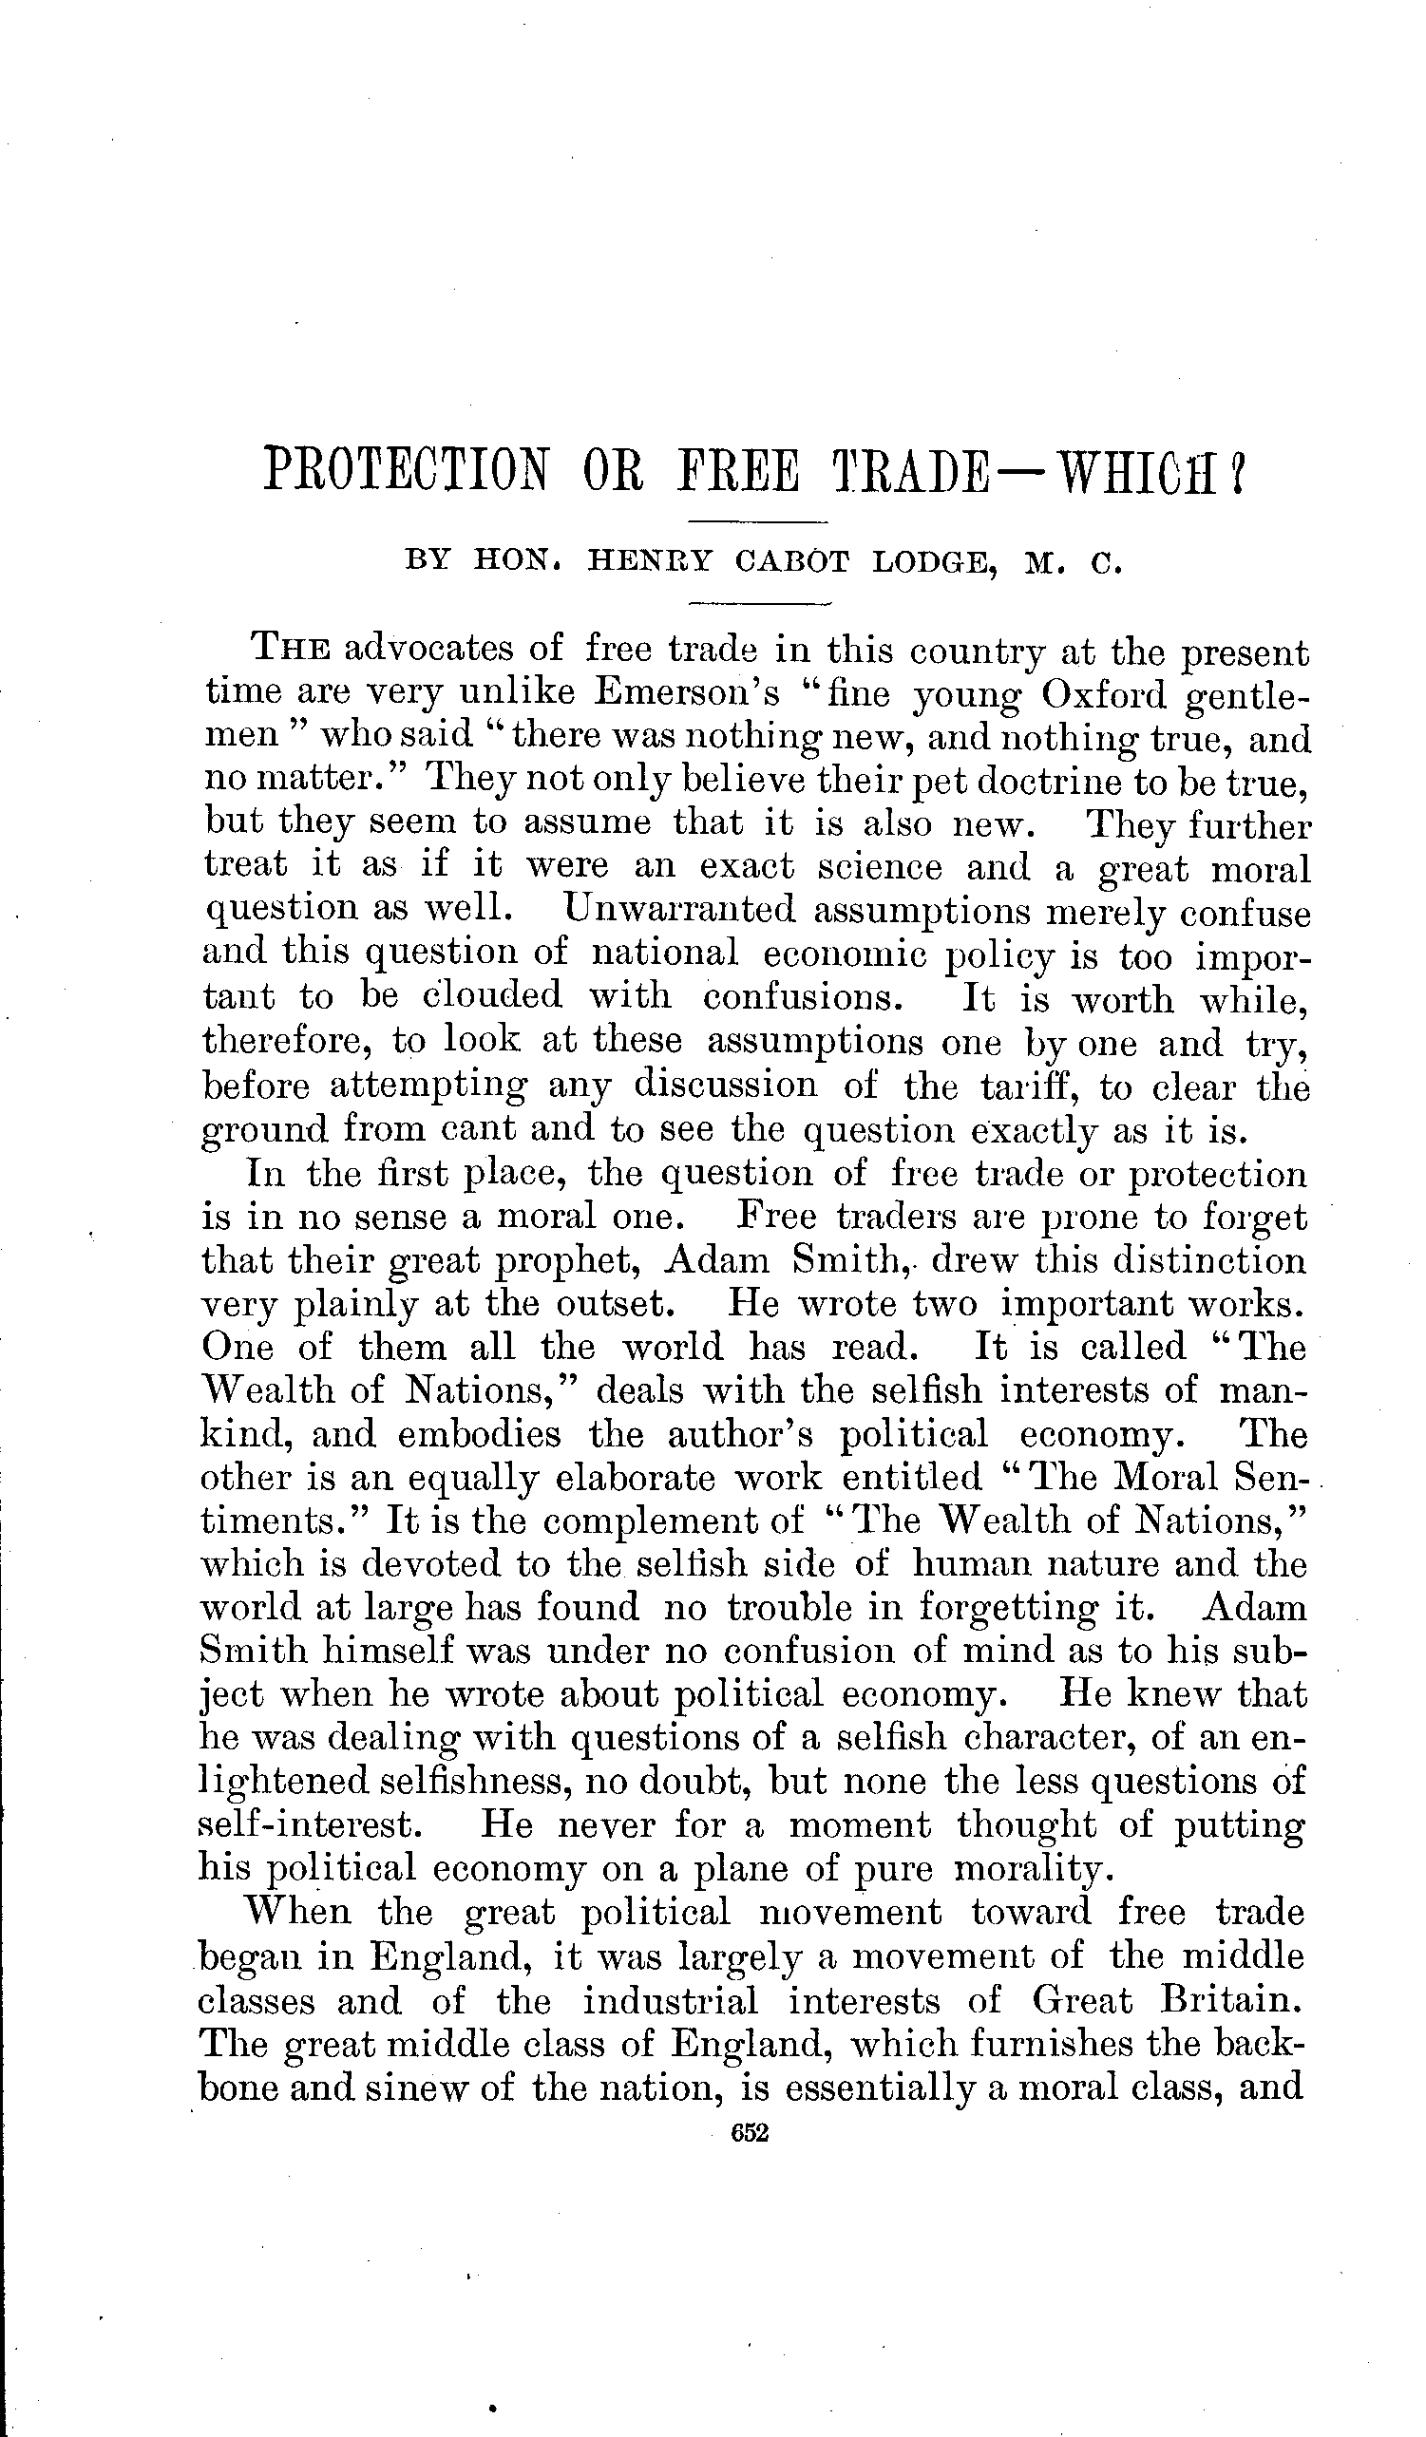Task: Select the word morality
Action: [x=1027, y=1869]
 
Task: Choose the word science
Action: [x=879, y=866]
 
